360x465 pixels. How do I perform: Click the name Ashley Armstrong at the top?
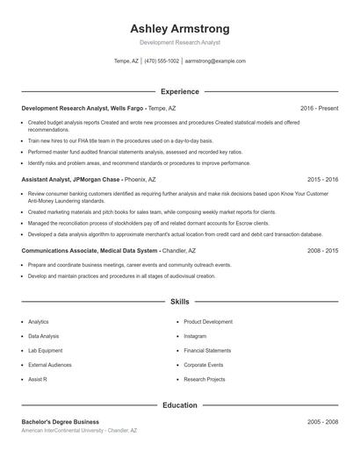(179, 28)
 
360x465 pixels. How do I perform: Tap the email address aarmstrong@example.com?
(215, 61)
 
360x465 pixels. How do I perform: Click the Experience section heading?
(179, 91)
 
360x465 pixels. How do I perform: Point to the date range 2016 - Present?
(319, 108)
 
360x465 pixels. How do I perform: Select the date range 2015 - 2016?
(322, 179)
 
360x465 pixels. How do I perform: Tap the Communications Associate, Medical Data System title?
(83, 250)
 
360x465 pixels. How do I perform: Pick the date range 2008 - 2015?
(322, 250)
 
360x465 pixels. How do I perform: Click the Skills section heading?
(179, 301)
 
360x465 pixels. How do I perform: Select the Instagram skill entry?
(195, 336)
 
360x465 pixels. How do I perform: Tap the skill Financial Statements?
(207, 350)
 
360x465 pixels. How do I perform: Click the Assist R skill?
(38, 379)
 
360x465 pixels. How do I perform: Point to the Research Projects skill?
(205, 379)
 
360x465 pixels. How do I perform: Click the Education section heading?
(179, 405)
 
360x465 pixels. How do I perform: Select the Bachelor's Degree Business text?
(60, 422)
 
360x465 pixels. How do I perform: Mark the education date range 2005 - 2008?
(322, 422)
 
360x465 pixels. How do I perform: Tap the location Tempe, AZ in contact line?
(126, 61)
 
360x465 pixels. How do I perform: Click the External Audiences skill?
(50, 365)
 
